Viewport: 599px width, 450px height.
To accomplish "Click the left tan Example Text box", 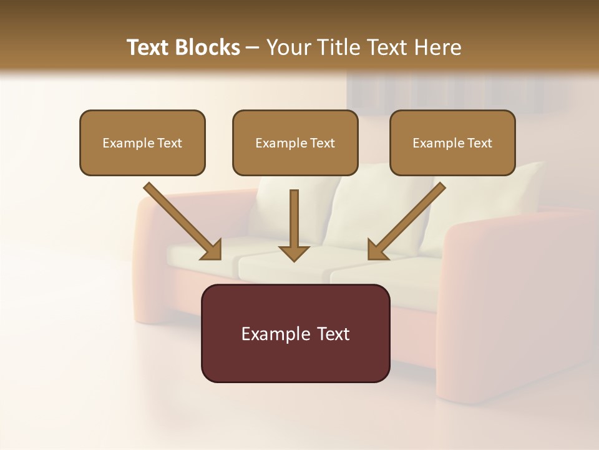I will pos(142,142).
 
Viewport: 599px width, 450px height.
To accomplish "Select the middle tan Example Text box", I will pos(295,142).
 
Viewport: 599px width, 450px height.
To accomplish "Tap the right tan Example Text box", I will pos(452,142).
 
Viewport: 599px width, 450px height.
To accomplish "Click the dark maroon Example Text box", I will pos(295,333).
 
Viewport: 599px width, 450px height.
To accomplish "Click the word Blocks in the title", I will pos(207,47).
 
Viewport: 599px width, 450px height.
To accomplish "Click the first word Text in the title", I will pos(149,47).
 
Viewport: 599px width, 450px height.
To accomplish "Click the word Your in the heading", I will pos(288,47).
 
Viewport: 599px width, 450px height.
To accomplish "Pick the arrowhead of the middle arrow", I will pos(294,252).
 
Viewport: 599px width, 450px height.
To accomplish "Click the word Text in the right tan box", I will pos(479,143).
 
